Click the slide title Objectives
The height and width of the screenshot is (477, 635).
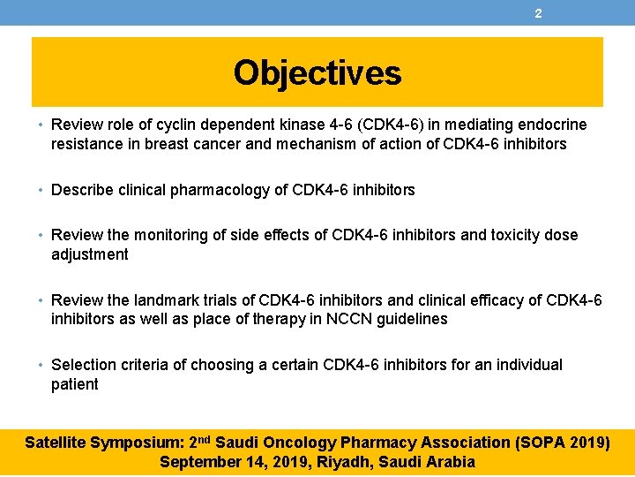(317, 73)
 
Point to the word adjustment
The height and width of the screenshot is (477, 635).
(90, 254)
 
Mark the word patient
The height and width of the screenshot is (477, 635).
(75, 384)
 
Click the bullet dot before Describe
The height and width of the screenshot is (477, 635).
(42, 190)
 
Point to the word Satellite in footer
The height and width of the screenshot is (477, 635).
(57, 443)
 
